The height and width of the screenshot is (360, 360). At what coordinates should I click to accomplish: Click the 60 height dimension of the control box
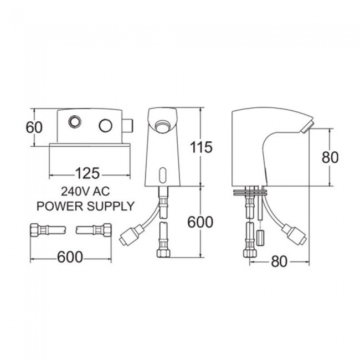click(x=34, y=127)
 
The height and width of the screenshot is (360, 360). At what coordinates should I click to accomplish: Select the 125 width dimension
click(x=88, y=173)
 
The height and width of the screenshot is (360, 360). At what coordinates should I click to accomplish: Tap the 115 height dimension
click(x=202, y=147)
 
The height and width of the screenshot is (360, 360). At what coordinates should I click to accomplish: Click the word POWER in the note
click(x=60, y=206)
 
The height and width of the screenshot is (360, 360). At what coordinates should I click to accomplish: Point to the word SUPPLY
click(x=110, y=206)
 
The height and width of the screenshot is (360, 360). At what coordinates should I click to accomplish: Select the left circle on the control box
click(x=75, y=121)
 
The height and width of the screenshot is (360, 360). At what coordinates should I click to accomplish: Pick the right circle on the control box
click(x=106, y=125)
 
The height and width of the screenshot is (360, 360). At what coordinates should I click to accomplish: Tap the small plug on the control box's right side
click(x=128, y=126)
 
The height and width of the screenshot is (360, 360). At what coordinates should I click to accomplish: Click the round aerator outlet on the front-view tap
click(x=162, y=126)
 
